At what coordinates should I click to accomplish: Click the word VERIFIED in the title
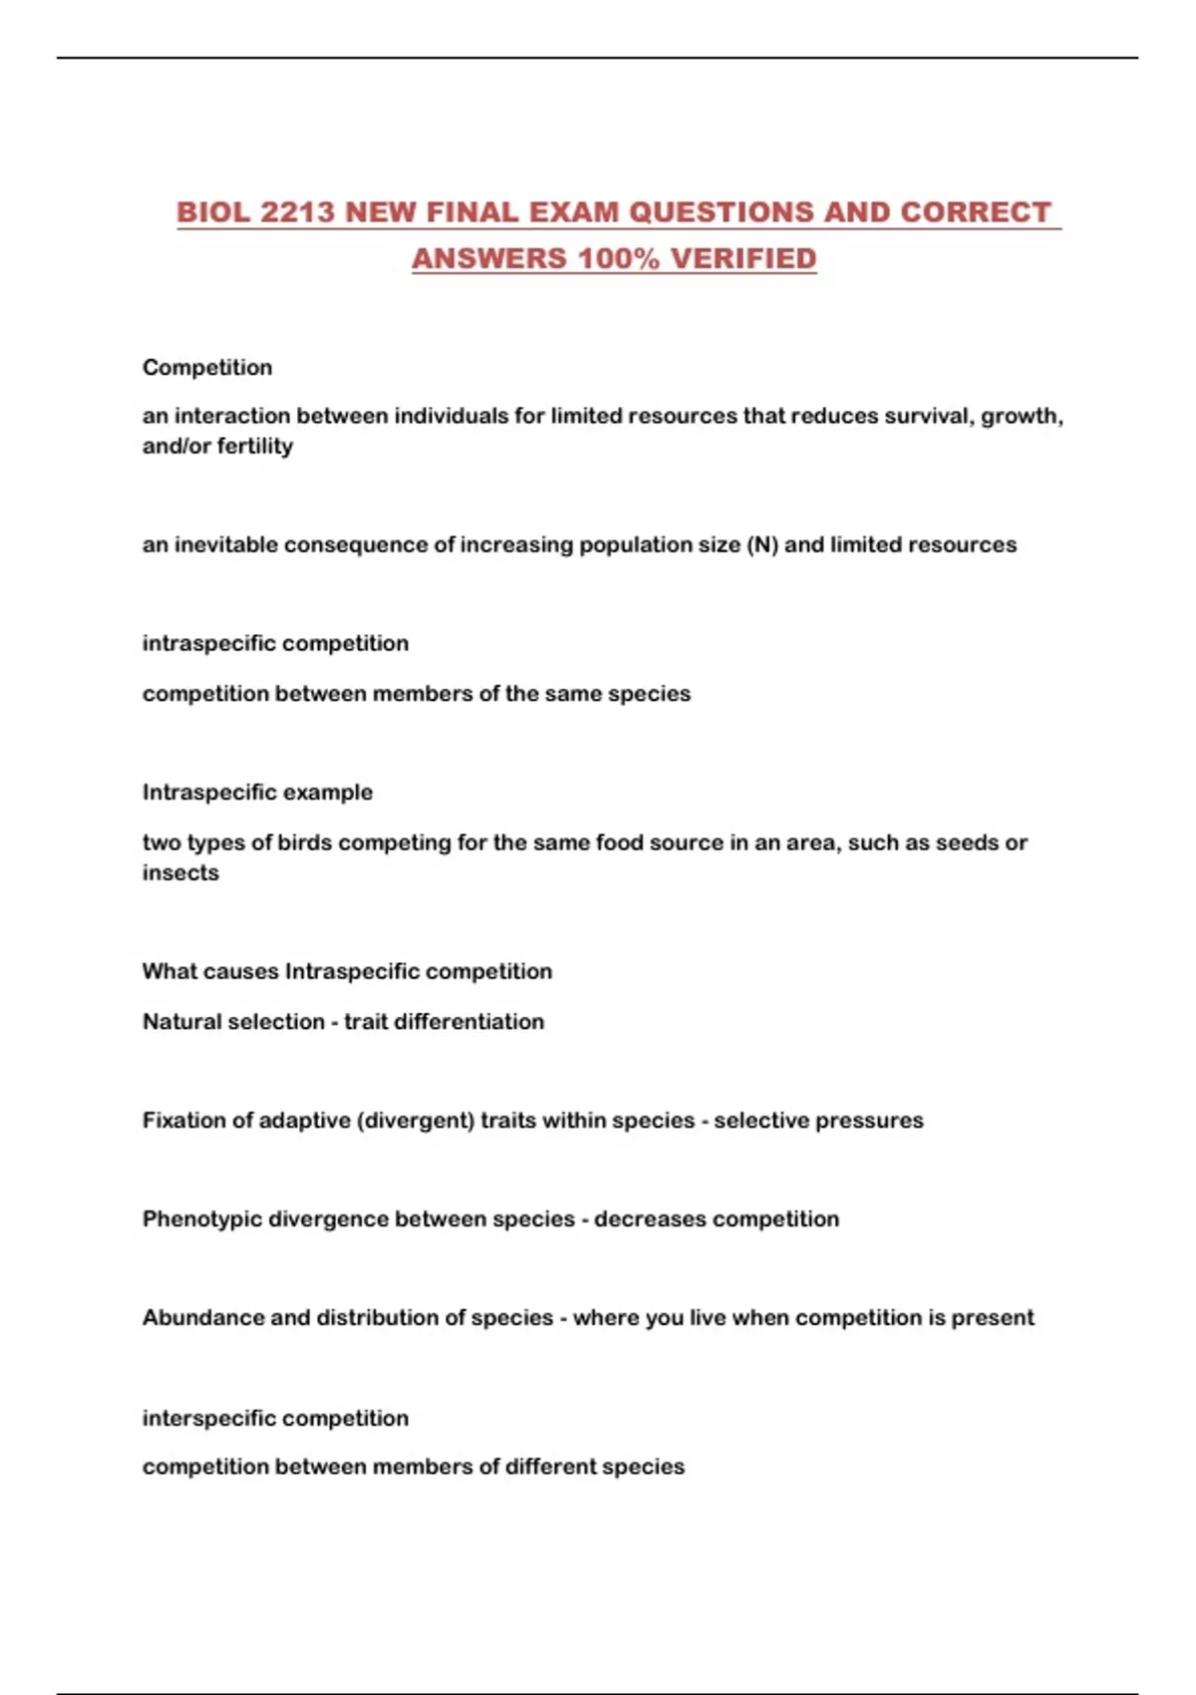(x=744, y=258)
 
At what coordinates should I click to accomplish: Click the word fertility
(x=255, y=446)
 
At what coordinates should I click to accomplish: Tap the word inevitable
(x=226, y=544)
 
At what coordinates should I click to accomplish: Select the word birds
(x=305, y=843)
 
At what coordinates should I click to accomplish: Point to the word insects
(x=180, y=872)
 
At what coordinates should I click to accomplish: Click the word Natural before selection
(x=182, y=1021)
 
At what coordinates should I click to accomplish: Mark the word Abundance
(x=203, y=1317)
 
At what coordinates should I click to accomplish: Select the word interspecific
(x=205, y=1418)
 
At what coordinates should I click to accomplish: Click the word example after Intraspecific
(x=325, y=793)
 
